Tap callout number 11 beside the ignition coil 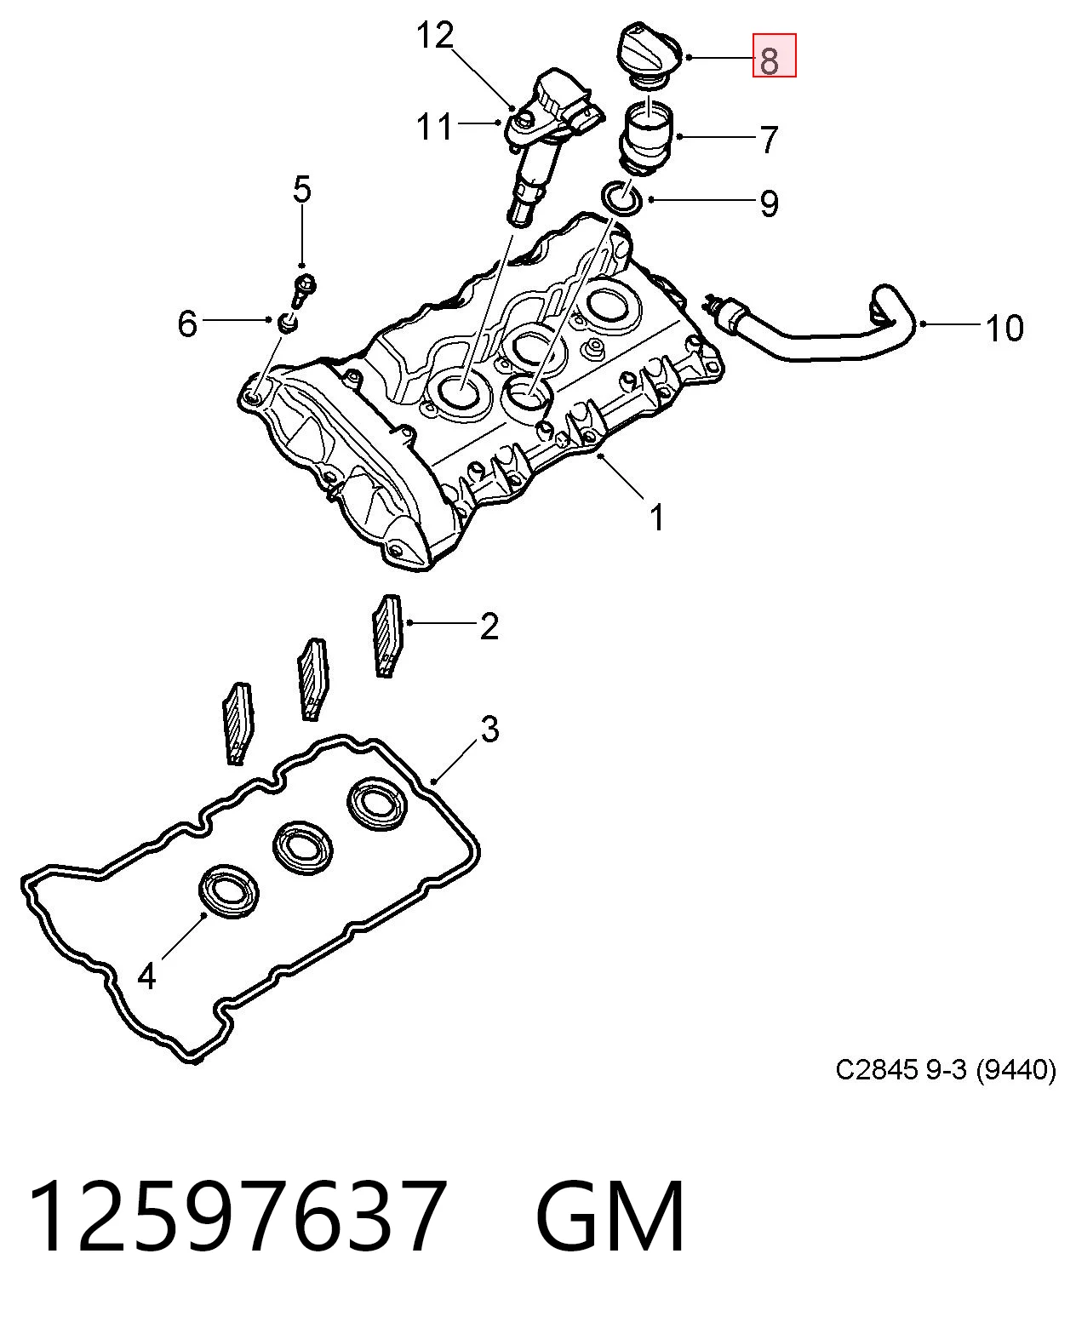(434, 127)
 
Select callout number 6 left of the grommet (187, 323)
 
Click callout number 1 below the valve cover (657, 518)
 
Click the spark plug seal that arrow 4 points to (229, 891)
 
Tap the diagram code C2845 (877, 1070)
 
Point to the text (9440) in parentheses (1016, 1070)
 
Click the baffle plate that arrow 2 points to (387, 636)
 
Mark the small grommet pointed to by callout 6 (288, 323)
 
